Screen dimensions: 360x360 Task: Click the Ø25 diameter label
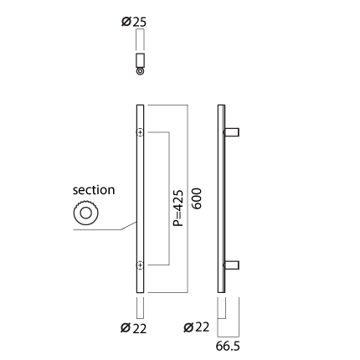point(134,22)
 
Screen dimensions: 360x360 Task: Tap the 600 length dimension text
point(197,198)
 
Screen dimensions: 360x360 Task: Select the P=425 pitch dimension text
point(178,208)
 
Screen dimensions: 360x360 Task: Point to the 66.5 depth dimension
point(228,347)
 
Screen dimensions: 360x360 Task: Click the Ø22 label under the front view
point(133,328)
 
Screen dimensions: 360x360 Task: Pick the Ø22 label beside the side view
point(197,327)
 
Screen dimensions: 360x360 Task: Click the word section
point(94,190)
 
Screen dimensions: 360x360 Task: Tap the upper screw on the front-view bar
point(140,132)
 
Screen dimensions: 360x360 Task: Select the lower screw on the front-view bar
point(140,265)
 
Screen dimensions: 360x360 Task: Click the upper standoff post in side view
point(232,132)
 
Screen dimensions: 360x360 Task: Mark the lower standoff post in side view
point(232,265)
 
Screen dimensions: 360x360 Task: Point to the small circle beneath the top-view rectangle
point(140,71)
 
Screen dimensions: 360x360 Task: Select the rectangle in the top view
point(140,59)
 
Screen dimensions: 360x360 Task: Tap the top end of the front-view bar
point(140,105)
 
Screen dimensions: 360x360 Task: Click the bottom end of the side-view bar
point(221,292)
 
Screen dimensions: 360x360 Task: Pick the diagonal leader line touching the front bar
point(129,226)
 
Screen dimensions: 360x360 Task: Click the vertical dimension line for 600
point(188,198)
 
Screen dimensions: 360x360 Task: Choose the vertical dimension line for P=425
point(169,198)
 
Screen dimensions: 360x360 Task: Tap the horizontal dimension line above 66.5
point(229,337)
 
